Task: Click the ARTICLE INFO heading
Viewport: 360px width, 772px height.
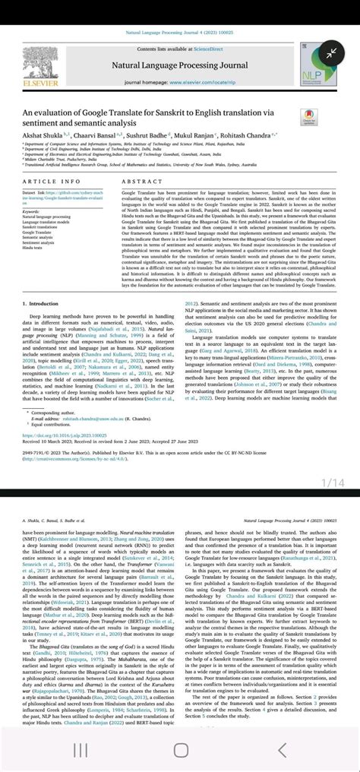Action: [x=52, y=182]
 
